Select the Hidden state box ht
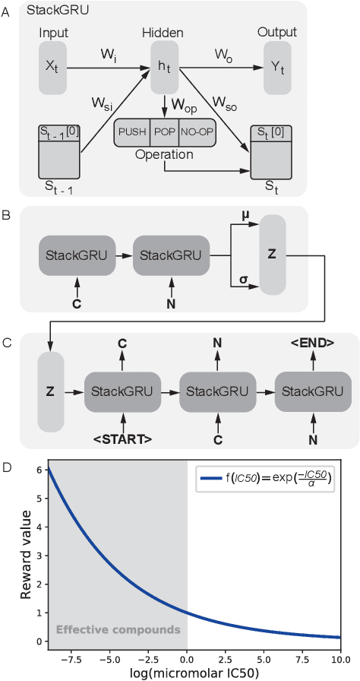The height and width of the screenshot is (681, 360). (x=164, y=68)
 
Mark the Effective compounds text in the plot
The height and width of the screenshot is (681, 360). (x=118, y=629)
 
